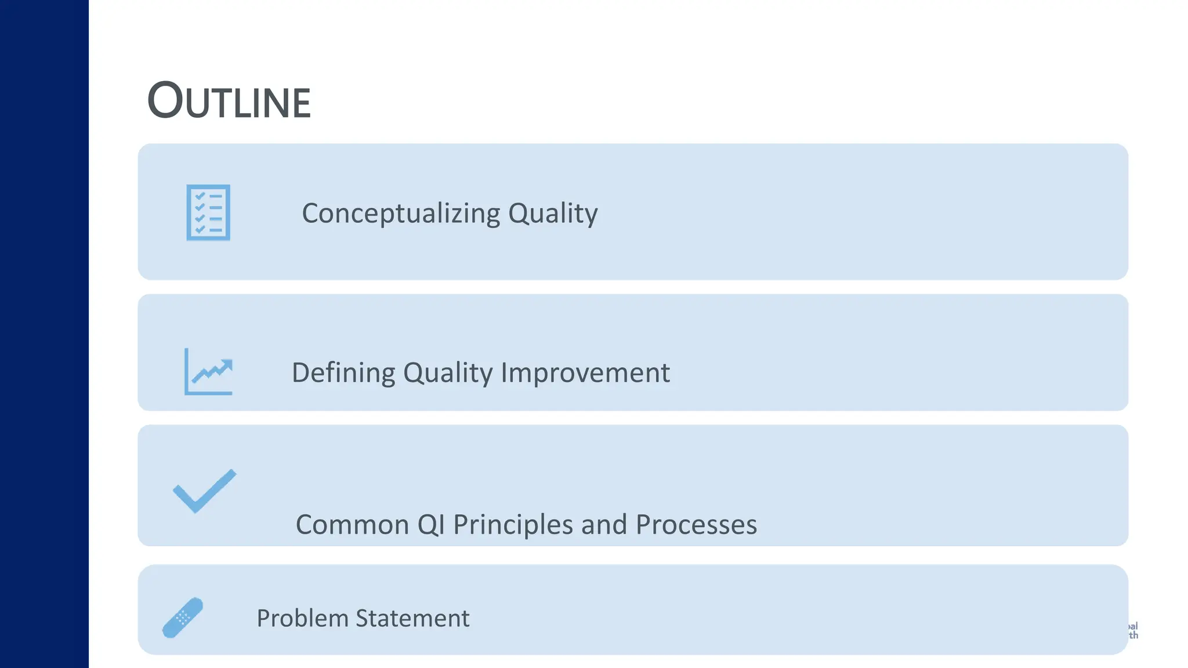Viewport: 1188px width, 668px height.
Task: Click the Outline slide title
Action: point(229,101)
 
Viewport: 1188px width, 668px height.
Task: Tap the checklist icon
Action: point(208,212)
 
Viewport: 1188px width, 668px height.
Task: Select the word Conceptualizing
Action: point(401,213)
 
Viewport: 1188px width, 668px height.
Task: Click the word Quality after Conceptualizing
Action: point(553,213)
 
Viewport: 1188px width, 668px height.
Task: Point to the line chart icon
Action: point(208,372)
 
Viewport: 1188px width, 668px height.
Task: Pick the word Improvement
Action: point(585,372)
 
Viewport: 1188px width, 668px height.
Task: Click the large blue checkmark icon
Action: point(205,491)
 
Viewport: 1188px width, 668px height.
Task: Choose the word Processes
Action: point(696,524)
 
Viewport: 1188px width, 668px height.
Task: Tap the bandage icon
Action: point(183,618)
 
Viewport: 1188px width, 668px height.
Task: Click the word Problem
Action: point(302,618)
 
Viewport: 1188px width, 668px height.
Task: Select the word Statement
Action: point(412,618)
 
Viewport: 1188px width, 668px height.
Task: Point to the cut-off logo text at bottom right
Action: point(1133,630)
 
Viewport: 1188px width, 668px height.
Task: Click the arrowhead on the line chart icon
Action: point(227,365)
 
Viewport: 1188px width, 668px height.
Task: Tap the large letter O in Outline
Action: point(165,100)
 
